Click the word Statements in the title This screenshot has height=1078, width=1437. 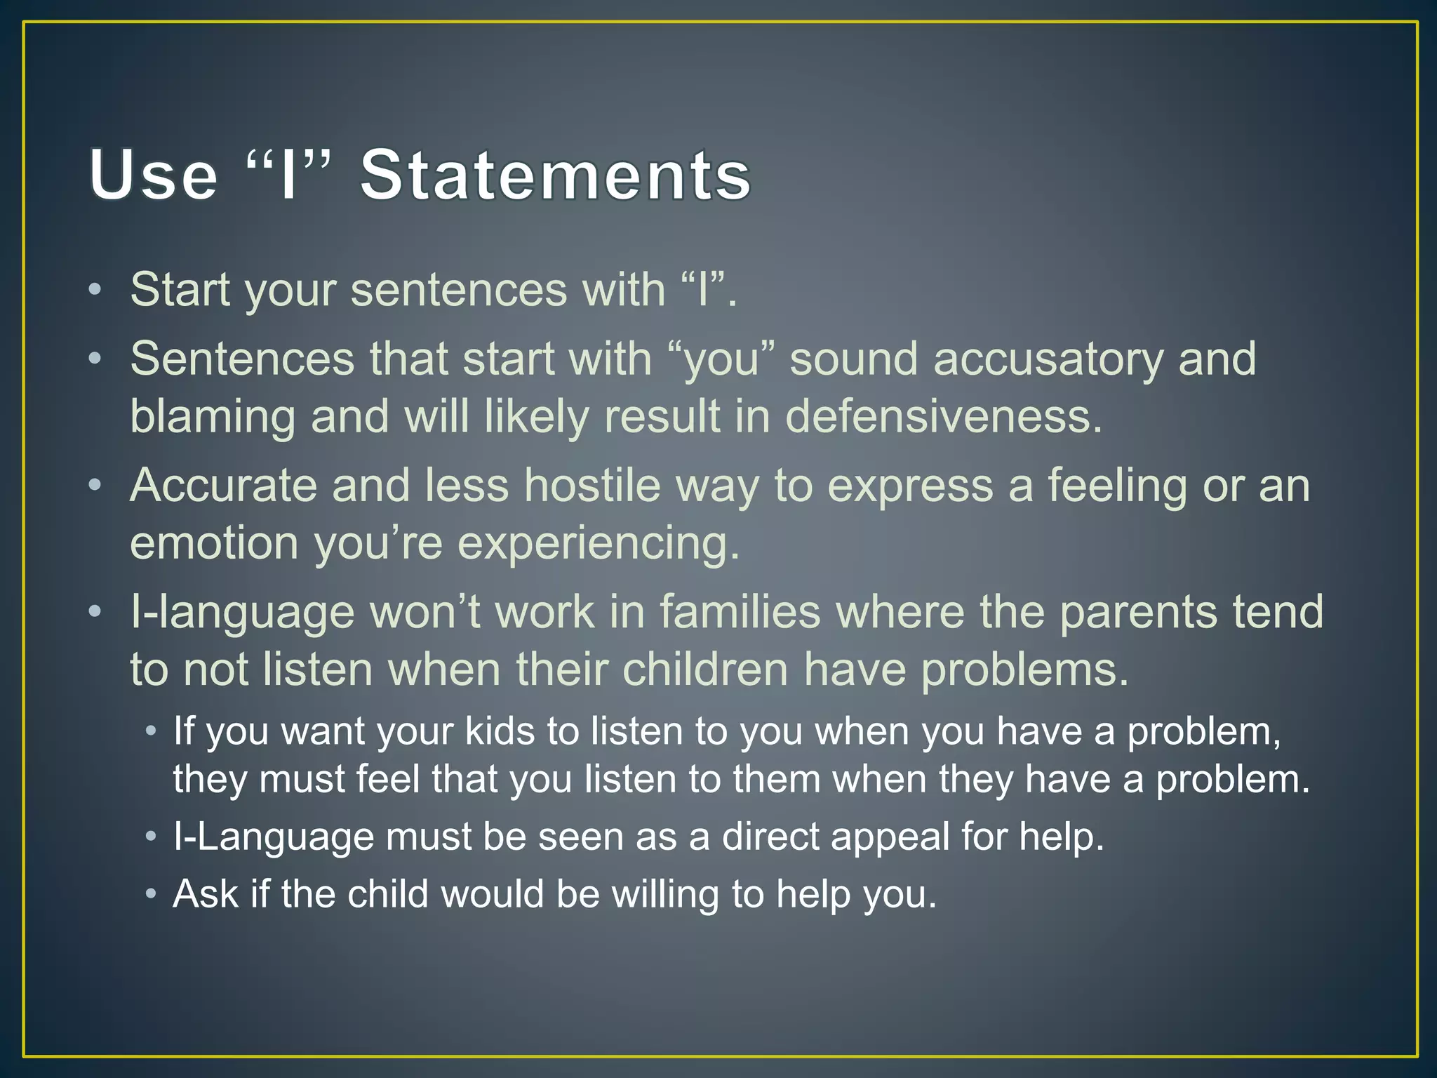tap(555, 175)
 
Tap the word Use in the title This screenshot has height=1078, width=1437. tap(154, 175)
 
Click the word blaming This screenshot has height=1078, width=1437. tap(213, 417)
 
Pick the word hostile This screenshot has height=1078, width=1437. tap(593, 485)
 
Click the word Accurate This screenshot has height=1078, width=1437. tap(223, 485)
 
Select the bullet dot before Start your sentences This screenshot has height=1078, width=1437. tap(95, 290)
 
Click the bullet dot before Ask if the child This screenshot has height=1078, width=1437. tap(150, 895)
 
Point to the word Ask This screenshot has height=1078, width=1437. tap(206, 894)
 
